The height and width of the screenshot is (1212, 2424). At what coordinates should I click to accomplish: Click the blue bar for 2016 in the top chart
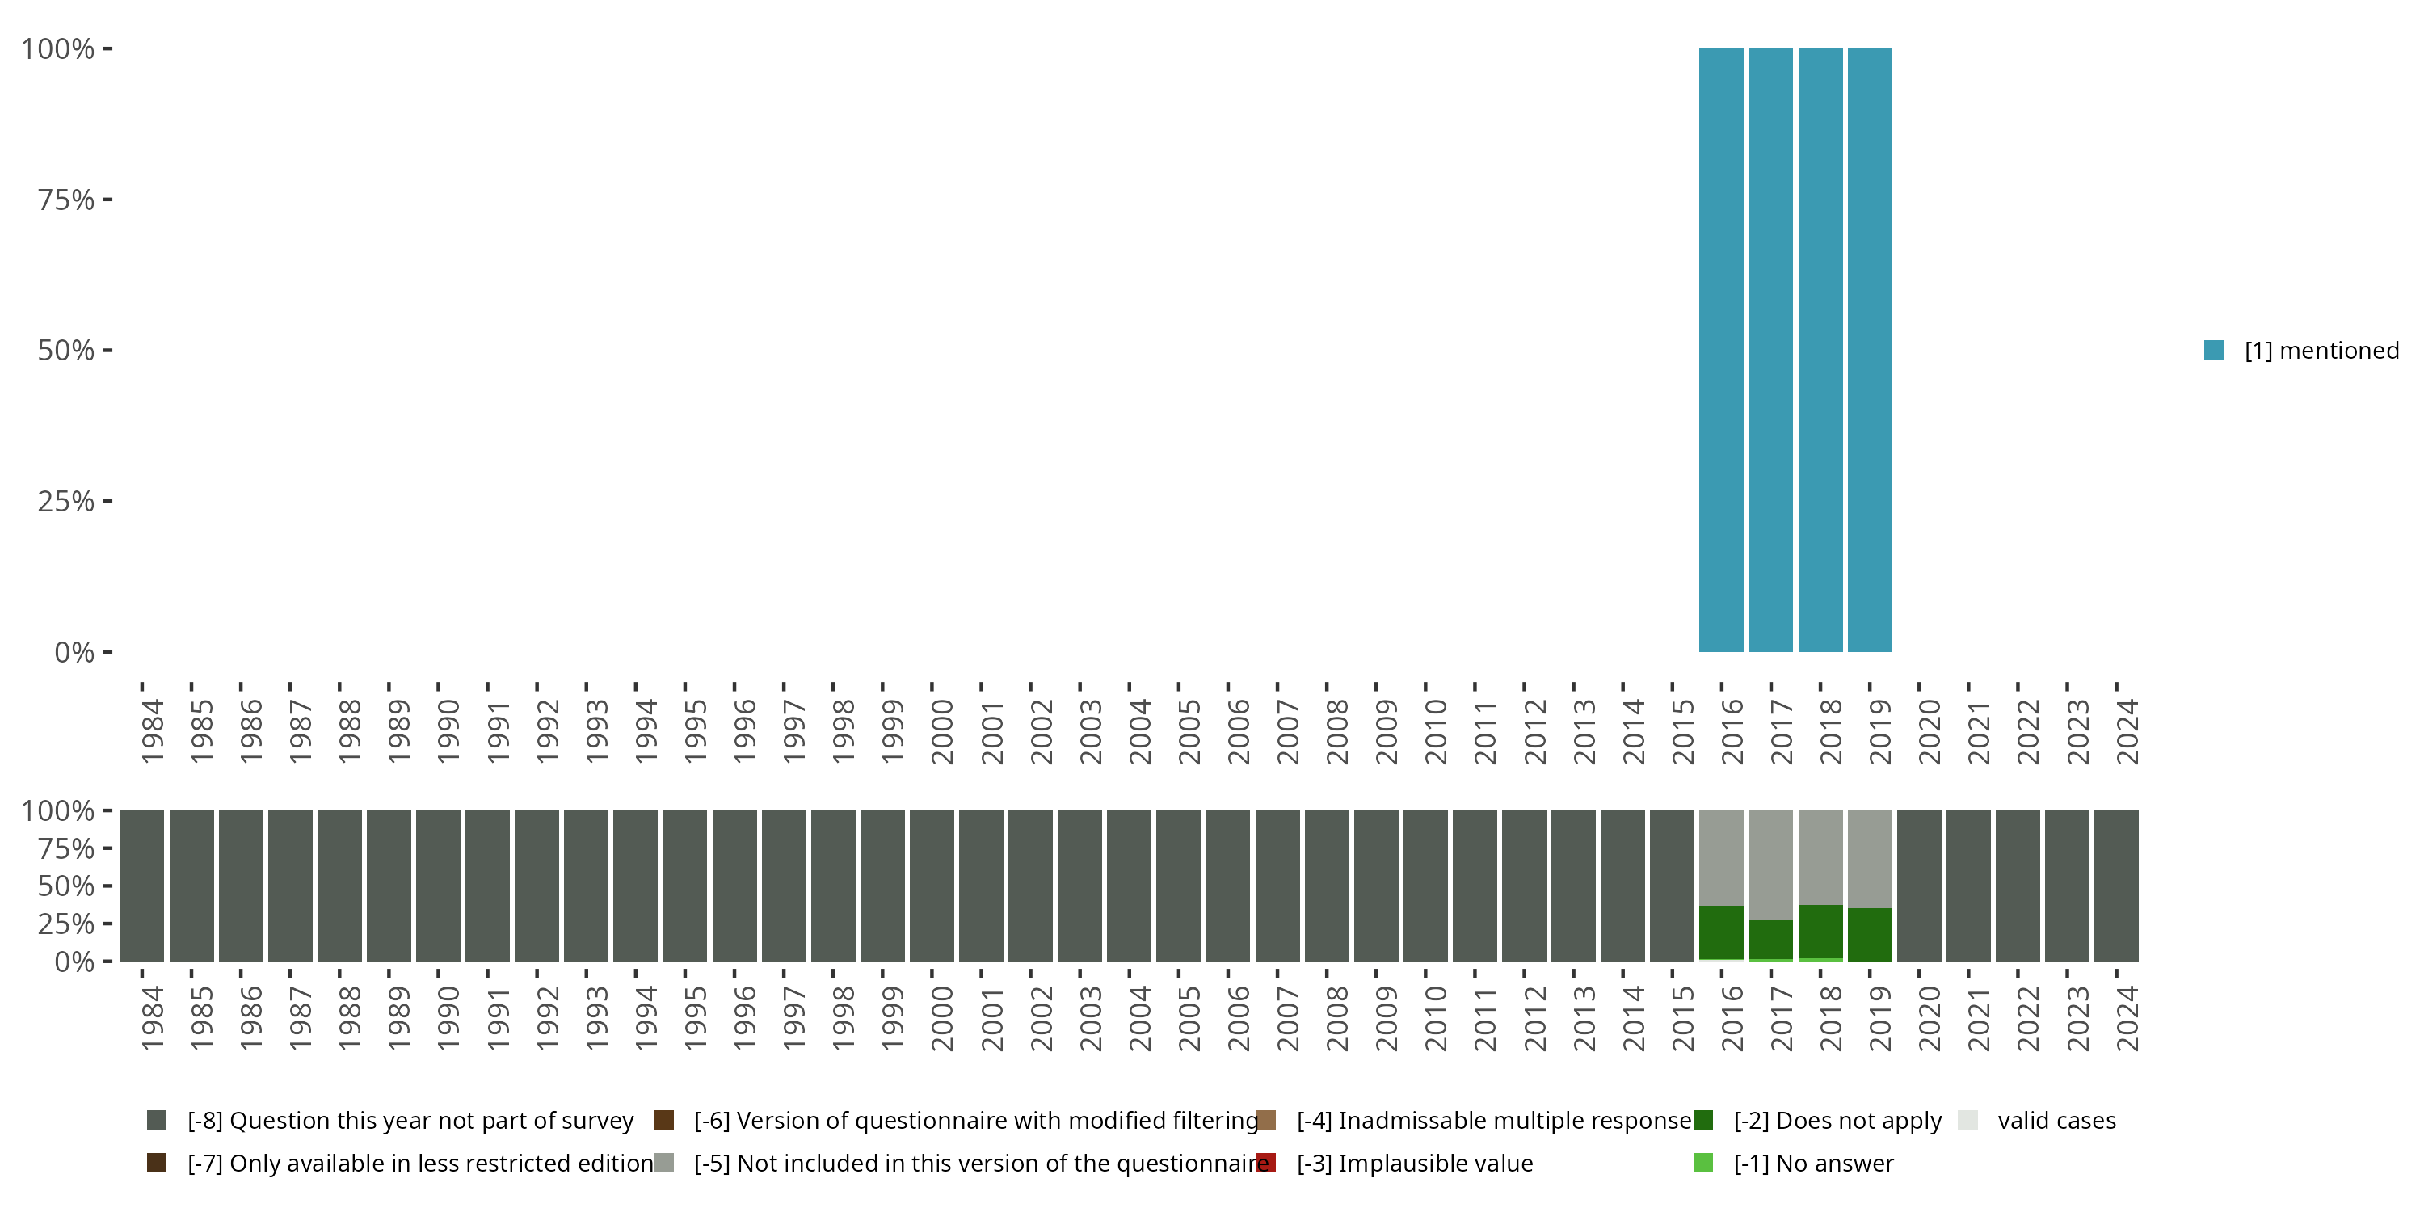coord(1720,350)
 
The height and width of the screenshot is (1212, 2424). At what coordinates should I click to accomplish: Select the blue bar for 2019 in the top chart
coord(1870,350)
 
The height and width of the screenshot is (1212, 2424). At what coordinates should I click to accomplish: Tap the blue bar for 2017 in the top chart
coord(1770,350)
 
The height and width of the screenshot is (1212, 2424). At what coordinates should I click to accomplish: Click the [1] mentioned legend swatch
coord(2213,350)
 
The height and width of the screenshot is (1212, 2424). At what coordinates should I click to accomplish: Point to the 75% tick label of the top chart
coord(66,200)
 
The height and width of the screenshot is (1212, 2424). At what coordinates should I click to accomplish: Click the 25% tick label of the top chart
coord(66,501)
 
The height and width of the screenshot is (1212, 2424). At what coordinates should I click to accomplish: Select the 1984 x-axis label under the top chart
coord(153,731)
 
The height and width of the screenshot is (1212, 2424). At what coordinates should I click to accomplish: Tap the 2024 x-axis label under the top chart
coord(2127,731)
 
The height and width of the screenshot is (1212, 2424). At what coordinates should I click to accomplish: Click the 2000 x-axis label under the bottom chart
coord(942,1018)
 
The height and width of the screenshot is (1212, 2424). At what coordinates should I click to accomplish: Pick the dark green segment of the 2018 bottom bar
coord(1820,932)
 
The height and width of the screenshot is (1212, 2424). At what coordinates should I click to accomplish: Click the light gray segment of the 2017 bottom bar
coord(1770,864)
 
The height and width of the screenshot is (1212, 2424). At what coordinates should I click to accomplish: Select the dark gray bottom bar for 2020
coord(1919,886)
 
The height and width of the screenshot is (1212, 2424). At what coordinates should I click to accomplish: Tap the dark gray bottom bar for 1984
coord(141,886)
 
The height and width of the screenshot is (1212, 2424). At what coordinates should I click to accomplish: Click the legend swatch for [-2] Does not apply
coord(1703,1120)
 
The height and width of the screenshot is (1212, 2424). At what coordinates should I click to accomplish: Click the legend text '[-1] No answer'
coord(1813,1163)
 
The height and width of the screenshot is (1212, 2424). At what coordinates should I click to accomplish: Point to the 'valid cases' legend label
coord(2056,1120)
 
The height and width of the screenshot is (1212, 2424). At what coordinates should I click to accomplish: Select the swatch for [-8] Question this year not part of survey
coord(157,1120)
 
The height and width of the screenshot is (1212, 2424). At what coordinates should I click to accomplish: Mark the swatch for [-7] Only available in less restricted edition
coord(157,1163)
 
